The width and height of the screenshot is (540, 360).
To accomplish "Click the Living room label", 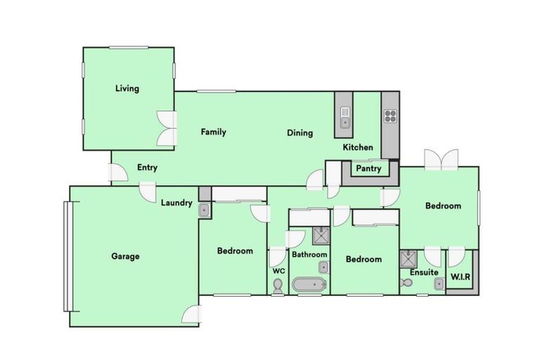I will point(127,89).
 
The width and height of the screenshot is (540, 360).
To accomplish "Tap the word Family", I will point(213,131).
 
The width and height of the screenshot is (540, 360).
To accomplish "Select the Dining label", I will point(300,133).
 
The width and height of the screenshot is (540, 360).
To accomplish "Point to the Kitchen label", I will point(358,148).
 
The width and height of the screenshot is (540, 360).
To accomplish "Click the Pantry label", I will point(368,169).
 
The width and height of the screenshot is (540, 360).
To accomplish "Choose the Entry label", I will point(147,167).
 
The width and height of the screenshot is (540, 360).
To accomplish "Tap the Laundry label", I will point(176,203).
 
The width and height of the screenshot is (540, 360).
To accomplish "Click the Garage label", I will point(125,256).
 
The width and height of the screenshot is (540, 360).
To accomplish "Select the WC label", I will point(278,271).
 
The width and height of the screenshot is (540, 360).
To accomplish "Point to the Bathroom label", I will point(309,255).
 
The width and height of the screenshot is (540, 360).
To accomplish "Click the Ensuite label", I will point(424,272).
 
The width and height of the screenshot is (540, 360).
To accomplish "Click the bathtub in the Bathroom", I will point(309,285).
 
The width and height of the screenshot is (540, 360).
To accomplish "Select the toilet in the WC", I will point(278,285).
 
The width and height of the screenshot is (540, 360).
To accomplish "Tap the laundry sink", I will point(204,209).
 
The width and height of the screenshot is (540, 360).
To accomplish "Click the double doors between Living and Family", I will point(166,129).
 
